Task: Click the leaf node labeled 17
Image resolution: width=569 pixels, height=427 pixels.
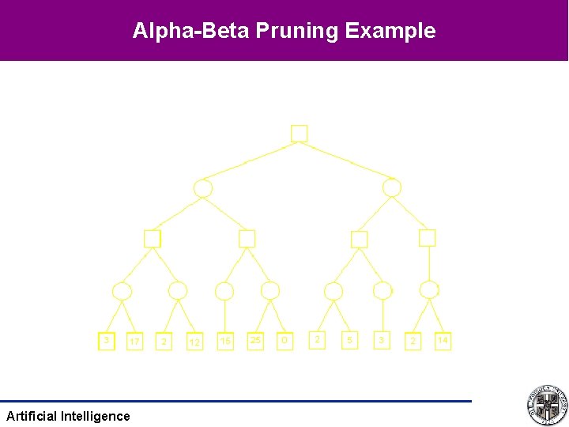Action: point(135,342)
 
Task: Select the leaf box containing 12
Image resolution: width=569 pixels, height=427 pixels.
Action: point(194,342)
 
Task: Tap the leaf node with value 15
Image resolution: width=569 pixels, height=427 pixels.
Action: point(226,342)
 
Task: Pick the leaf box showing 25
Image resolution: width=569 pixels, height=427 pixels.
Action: point(255,341)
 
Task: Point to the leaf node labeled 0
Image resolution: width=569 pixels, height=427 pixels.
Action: point(285,341)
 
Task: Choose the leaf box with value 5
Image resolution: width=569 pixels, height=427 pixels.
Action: point(349,340)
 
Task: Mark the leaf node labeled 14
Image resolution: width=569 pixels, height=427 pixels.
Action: point(443,341)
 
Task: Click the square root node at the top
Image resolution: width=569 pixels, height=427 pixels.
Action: point(299,134)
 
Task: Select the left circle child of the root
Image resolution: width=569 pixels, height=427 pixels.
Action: point(203,188)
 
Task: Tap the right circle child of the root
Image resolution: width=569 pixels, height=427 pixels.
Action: point(392,188)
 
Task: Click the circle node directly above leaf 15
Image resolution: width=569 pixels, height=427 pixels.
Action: point(224,291)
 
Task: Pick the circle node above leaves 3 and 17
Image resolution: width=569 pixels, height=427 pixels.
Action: point(122,291)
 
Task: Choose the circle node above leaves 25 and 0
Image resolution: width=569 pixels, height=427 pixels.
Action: point(270,291)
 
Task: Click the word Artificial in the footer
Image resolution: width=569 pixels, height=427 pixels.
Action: point(31,416)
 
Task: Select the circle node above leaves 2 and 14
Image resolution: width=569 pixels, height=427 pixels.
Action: point(429,290)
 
